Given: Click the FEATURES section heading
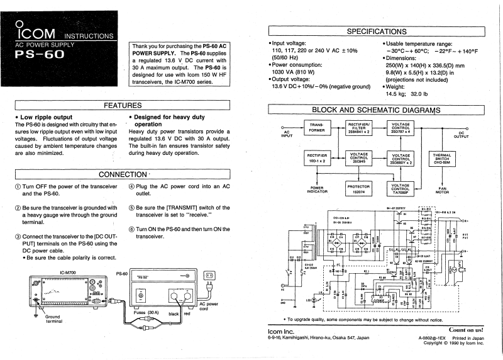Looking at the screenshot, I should (x=123, y=105).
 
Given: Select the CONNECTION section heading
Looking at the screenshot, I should (x=123, y=174).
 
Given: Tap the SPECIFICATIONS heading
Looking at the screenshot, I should (x=377, y=31).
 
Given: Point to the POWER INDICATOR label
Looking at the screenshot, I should (x=316, y=191).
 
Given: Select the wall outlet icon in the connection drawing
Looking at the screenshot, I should (x=210, y=275).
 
